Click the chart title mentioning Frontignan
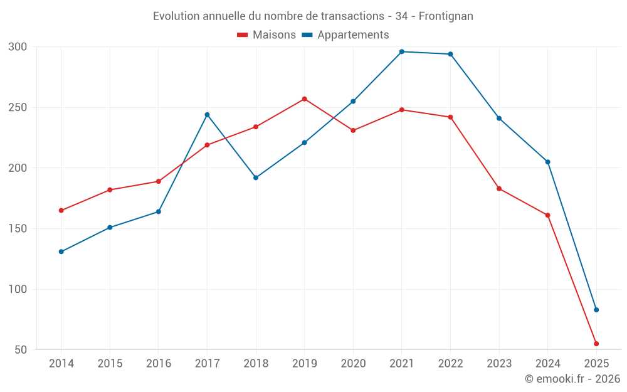coord(313,16)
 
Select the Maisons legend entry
coord(266,35)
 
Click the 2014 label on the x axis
coord(61,364)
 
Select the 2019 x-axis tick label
coord(304,364)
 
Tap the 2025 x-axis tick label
coord(596,364)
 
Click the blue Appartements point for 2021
coord(402,51)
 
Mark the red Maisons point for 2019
coord(304,99)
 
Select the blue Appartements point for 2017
coord(207,115)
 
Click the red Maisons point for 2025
coord(596,344)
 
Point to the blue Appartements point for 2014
coord(61,252)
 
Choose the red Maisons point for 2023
coord(499,189)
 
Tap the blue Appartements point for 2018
coord(256,177)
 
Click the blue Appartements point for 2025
coord(596,310)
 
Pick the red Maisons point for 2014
coord(61,211)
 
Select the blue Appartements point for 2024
coord(547,162)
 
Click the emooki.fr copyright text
coord(572,379)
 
